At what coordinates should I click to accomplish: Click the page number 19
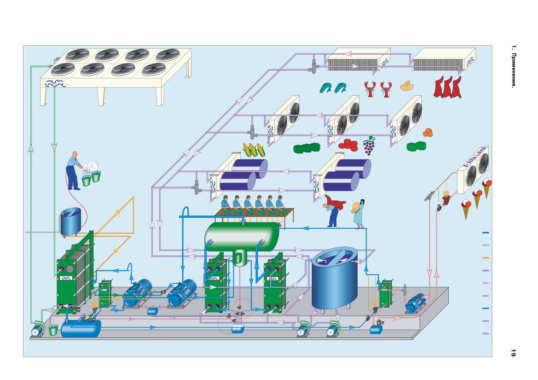(x=513, y=353)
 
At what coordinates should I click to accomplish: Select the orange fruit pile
(x=428, y=132)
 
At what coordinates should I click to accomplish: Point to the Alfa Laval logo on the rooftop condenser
(x=56, y=83)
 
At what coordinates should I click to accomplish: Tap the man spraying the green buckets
(x=73, y=171)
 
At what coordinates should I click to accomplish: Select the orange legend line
(x=486, y=258)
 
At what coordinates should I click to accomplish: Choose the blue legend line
(x=486, y=308)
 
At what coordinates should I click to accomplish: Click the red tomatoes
(x=349, y=145)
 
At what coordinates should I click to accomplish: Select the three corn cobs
(x=254, y=150)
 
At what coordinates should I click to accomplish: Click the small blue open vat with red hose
(x=71, y=221)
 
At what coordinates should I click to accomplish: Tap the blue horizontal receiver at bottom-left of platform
(x=81, y=328)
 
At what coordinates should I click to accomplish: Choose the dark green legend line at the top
(x=486, y=233)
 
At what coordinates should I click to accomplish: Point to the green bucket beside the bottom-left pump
(x=53, y=330)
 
